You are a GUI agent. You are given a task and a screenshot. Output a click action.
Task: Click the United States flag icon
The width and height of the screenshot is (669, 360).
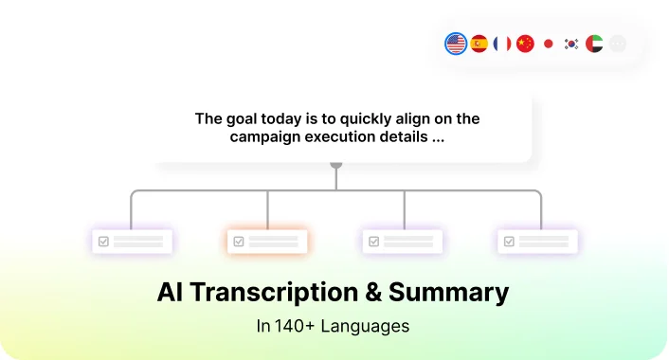pos(456,44)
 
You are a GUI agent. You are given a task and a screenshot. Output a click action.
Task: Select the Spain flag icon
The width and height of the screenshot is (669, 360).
pos(479,44)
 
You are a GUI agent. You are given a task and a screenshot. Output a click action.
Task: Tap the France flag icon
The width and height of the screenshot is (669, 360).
pos(502,44)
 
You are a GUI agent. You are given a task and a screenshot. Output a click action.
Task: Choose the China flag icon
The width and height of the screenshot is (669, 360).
pos(525,44)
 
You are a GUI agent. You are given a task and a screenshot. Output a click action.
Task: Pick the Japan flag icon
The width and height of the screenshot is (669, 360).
pos(549,44)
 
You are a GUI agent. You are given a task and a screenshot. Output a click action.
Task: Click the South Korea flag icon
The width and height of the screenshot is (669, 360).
pos(571,44)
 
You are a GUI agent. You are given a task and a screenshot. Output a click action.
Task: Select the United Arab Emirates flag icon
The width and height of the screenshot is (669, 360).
pos(594,44)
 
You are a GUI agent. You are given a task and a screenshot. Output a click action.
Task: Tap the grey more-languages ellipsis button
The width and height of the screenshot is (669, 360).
pos(618,44)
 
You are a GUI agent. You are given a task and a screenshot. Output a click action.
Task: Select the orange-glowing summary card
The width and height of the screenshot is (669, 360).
pos(267,242)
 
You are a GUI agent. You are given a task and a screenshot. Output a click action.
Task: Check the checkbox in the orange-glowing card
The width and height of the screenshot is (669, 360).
pos(239,242)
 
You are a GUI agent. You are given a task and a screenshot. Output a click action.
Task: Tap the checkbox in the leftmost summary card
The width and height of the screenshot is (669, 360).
pos(103,242)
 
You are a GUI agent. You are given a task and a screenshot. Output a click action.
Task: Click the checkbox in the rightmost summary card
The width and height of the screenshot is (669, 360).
pos(509,242)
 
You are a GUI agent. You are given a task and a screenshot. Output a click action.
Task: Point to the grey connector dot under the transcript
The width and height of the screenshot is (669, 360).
pos(336,165)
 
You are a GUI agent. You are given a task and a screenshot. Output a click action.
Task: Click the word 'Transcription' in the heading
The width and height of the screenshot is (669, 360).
pos(274,293)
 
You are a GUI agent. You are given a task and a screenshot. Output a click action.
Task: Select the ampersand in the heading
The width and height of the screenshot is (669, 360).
pos(373,292)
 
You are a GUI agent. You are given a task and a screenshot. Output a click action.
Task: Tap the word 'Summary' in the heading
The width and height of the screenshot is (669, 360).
pos(448,294)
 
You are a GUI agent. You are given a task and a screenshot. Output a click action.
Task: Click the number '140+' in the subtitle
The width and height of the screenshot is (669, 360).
pos(295,326)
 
